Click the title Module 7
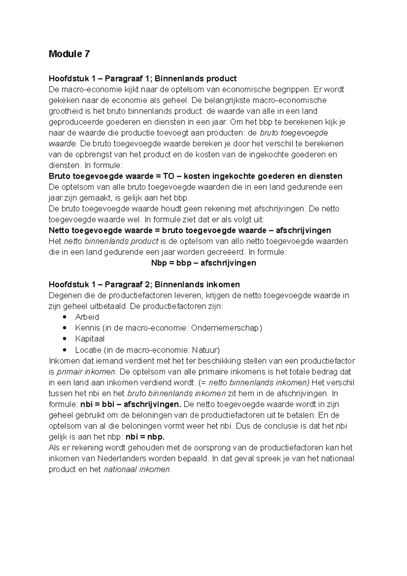[69, 54]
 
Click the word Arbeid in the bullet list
[87, 317]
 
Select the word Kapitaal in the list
[90, 339]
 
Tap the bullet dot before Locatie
[65, 350]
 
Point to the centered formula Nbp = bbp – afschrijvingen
[203, 263]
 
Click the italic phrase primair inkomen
[86, 372]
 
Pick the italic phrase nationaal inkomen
[136, 469]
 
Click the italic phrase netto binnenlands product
[111, 241]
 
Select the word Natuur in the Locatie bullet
[205, 350]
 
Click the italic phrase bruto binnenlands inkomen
[176, 393]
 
